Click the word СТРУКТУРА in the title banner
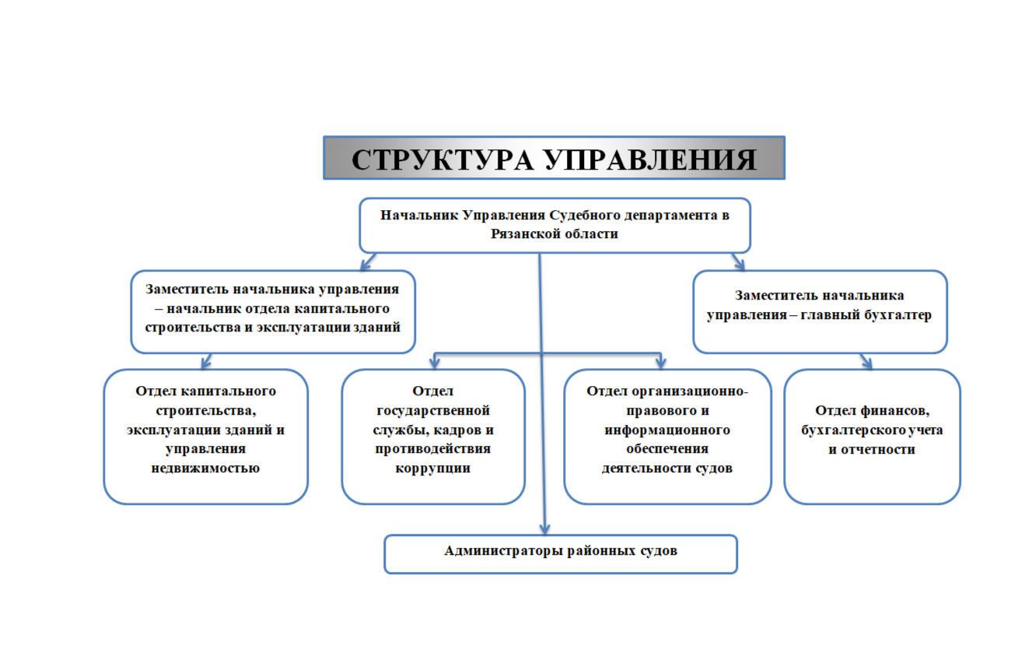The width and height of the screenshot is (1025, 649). [x=443, y=160]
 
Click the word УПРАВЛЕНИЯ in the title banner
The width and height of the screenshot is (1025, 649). [x=651, y=160]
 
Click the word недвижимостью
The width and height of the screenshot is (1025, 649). [x=205, y=468]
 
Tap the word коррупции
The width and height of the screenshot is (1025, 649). [x=433, y=468]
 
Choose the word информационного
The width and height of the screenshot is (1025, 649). [x=667, y=430]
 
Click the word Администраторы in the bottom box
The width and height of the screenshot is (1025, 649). [x=503, y=550]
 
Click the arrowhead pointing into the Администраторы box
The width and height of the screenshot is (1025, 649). [x=544, y=529]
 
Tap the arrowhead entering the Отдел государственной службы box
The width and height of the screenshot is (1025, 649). [x=434, y=363]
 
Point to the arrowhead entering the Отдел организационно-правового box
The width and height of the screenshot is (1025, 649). [x=661, y=363]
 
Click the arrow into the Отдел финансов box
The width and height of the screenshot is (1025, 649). [x=866, y=361]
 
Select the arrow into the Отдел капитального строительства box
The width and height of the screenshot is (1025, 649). [x=206, y=361]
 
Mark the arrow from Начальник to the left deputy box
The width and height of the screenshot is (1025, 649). [x=369, y=261]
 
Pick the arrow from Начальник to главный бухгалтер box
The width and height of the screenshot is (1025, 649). [x=738, y=261]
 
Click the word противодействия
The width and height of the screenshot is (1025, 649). [x=433, y=449]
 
